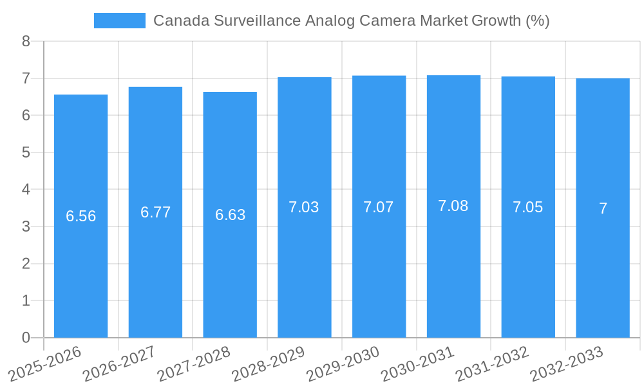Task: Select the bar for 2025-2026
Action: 80,216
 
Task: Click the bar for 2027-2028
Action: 230,215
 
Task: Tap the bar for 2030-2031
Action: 453,207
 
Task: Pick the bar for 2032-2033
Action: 603,208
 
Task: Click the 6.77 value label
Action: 155,212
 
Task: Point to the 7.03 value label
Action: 304,207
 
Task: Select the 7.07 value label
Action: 379,207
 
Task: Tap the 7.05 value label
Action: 528,207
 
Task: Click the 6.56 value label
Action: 81,216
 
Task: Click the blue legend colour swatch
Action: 119,21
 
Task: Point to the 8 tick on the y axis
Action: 26,42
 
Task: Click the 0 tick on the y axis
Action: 26,338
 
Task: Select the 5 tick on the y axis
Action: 26,152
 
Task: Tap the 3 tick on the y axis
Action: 26,226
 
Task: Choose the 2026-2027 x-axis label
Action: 119,363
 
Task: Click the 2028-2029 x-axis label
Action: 268,363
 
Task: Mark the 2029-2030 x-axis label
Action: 343,363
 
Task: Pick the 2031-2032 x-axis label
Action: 492,363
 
